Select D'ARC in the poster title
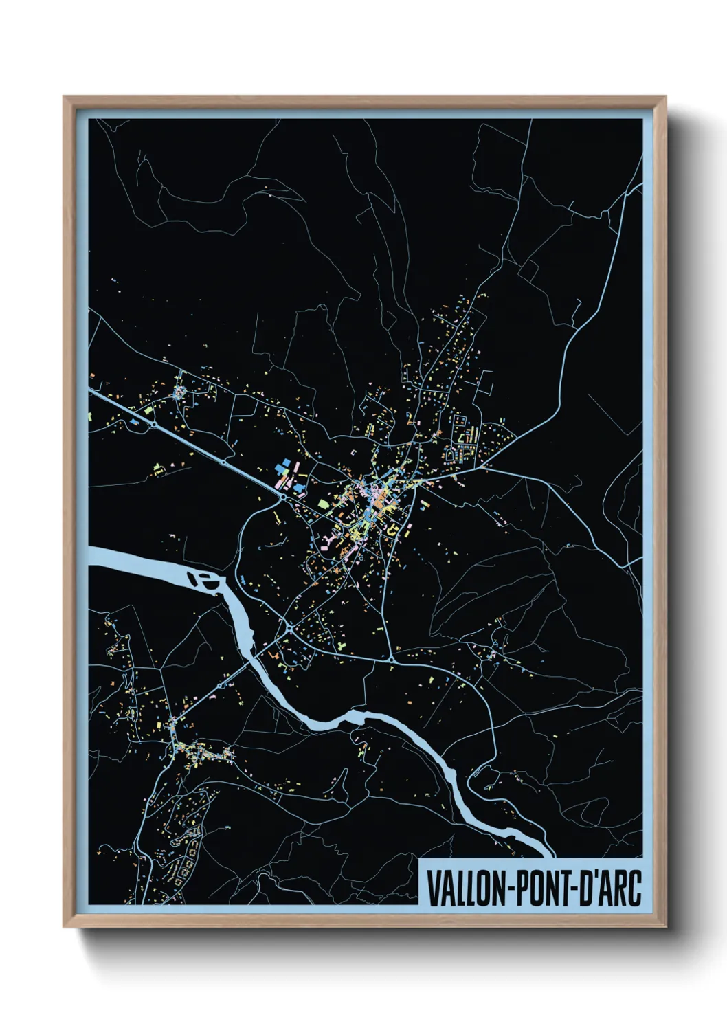click(611, 888)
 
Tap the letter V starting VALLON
click(432, 888)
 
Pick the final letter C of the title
click(636, 888)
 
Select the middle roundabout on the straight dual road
click(223, 463)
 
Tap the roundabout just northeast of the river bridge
click(289, 627)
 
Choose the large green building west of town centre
click(323, 504)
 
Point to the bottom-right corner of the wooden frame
click(665, 926)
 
